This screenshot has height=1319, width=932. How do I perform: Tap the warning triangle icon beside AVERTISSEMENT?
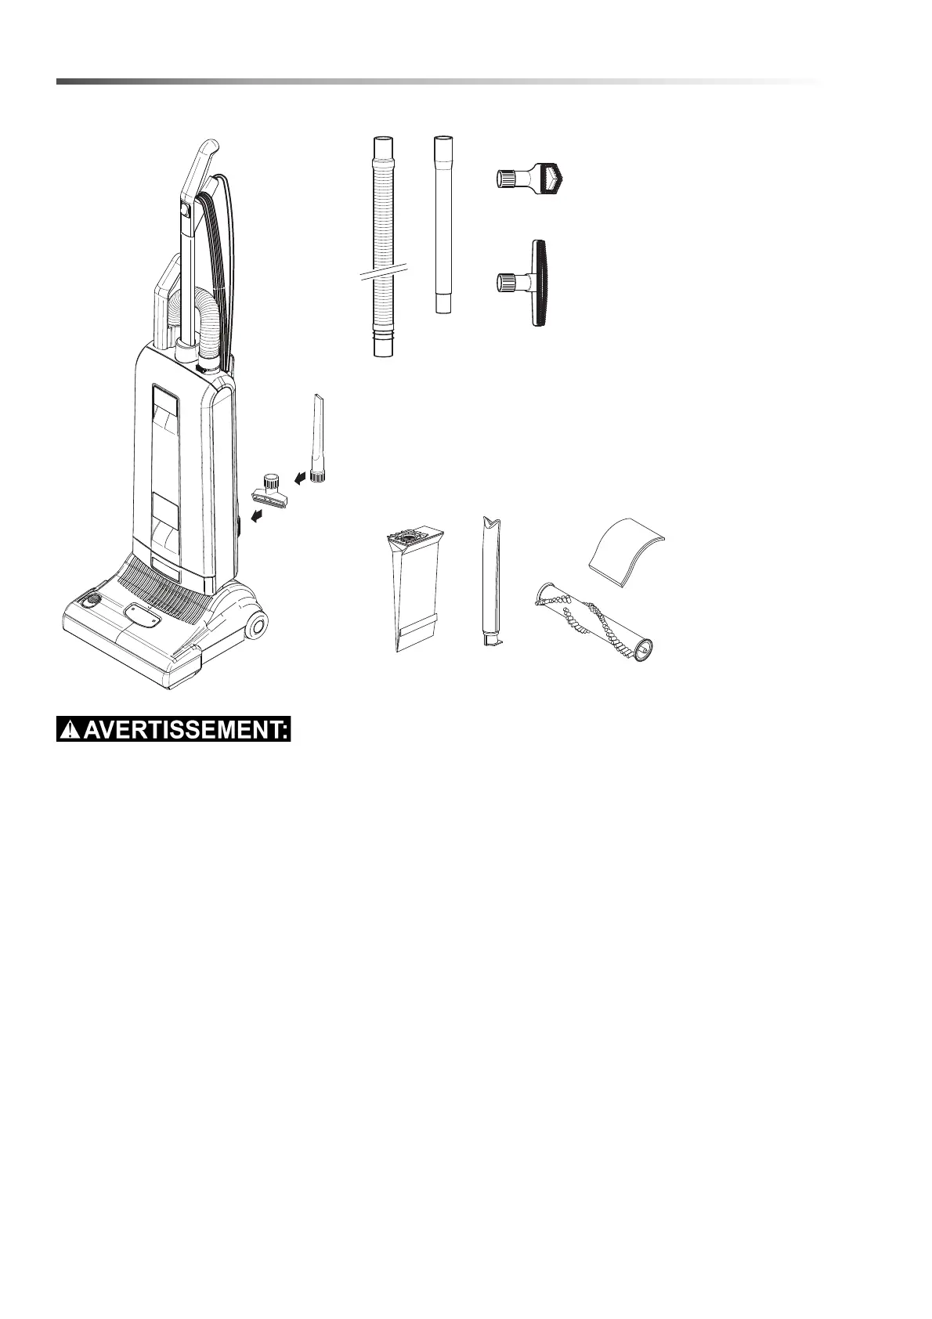[x=71, y=731]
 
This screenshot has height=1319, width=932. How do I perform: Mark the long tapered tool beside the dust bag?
[x=491, y=580]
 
